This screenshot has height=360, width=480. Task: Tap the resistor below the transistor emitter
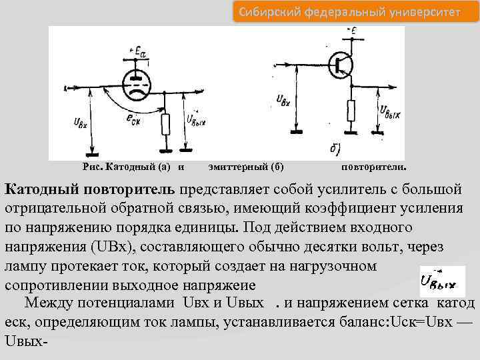351,109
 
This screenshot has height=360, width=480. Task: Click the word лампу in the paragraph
23,266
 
